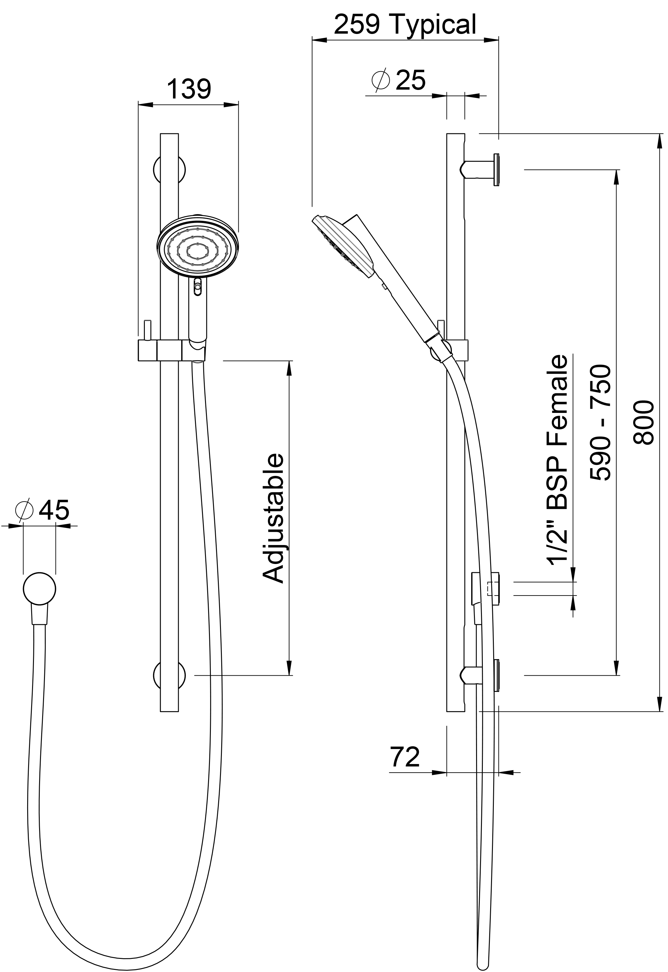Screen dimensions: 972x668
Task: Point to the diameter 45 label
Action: point(42,510)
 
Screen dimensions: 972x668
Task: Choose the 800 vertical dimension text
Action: point(642,423)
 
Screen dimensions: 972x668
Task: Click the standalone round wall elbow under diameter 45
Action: point(39,589)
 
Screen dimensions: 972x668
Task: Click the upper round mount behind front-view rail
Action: point(170,170)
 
